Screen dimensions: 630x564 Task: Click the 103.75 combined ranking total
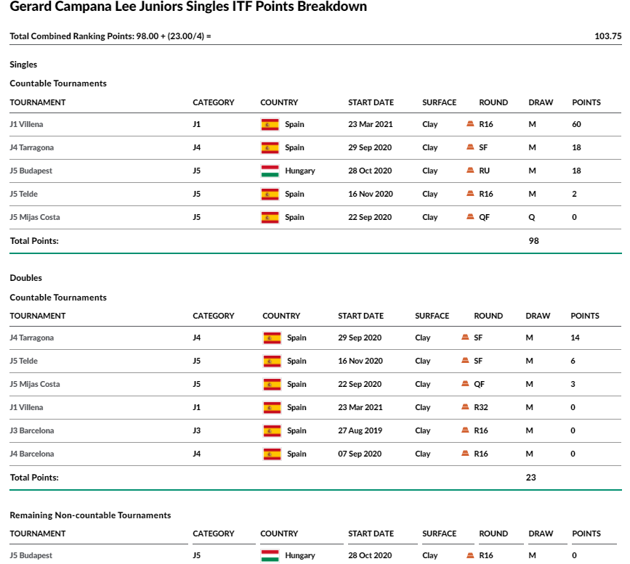(608, 36)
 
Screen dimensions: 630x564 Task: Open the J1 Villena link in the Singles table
(26, 124)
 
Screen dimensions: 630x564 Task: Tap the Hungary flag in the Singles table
(270, 171)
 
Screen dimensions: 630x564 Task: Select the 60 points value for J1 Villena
(576, 124)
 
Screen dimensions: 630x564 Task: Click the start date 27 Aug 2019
(360, 430)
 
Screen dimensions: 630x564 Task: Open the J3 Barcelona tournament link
(32, 430)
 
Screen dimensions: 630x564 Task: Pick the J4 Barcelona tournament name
(32, 454)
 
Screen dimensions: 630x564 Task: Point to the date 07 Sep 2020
(360, 454)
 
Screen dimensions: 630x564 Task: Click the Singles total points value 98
(533, 241)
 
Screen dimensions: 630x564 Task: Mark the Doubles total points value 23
(530, 478)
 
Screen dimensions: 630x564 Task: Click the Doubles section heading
(25, 278)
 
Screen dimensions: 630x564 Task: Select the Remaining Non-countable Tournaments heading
(90, 515)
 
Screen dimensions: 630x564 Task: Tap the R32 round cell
(481, 407)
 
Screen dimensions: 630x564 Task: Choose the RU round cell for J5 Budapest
(484, 171)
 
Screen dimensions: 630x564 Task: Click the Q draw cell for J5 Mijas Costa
(532, 218)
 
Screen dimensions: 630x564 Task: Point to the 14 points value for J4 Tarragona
(575, 338)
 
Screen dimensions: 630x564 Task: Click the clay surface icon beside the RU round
(470, 170)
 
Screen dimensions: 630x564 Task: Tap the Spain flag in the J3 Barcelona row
(272, 430)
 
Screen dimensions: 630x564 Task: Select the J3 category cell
(196, 430)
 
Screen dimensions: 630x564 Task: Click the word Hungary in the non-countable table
(299, 555)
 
